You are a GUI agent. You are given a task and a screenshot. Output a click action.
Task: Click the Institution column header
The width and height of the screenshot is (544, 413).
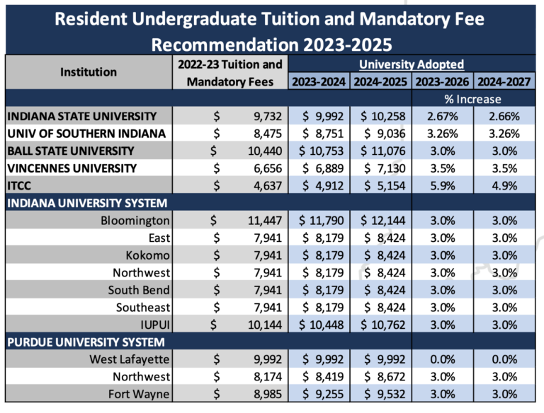tap(89, 71)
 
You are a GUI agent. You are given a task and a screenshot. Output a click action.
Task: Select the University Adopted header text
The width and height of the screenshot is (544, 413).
tap(412, 64)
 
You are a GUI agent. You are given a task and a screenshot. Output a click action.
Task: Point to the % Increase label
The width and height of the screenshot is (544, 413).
tap(474, 99)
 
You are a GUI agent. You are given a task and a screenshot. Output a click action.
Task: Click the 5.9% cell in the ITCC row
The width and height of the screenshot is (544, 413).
tap(443, 186)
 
